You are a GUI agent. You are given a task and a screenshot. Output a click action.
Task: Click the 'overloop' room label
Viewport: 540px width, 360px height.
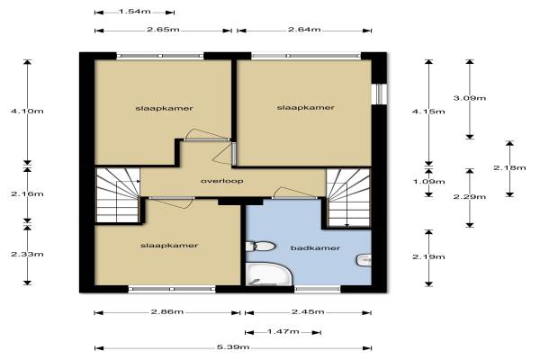pyautogui.click(x=221, y=181)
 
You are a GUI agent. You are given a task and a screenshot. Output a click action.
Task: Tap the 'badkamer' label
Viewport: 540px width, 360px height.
pyautogui.click(x=315, y=247)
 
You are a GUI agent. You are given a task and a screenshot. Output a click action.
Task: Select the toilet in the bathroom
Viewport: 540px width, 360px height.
pyautogui.click(x=261, y=246)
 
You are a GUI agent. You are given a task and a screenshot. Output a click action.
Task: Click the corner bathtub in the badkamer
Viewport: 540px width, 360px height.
pyautogui.click(x=268, y=274)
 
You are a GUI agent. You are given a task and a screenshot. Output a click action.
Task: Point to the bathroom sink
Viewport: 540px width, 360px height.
pyautogui.click(x=364, y=260)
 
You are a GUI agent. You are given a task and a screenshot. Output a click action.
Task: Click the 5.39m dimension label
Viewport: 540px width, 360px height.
pyautogui.click(x=233, y=346)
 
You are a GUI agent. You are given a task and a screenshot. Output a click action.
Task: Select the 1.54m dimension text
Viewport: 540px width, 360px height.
pyautogui.click(x=135, y=12)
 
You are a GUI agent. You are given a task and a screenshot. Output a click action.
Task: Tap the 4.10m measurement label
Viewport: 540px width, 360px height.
pyautogui.click(x=27, y=111)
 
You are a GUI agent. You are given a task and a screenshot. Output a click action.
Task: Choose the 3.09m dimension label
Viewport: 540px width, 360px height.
pyautogui.click(x=470, y=98)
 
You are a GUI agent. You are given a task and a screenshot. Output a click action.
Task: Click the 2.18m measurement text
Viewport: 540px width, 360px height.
pyautogui.click(x=509, y=167)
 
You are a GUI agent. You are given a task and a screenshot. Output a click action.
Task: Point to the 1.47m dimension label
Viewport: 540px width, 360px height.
pyautogui.click(x=283, y=331)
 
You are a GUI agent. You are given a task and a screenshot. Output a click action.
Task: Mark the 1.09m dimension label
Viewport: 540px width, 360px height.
pyautogui.click(x=428, y=181)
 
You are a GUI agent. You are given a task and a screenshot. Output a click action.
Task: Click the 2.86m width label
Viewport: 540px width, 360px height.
pyautogui.click(x=167, y=311)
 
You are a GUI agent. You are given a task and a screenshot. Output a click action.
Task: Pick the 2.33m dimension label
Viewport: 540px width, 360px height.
pyautogui.click(x=27, y=254)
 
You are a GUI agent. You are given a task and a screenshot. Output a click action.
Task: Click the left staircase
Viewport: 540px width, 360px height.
pyautogui.click(x=118, y=195)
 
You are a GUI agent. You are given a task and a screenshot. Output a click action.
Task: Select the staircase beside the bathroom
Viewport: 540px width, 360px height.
pyautogui.click(x=348, y=198)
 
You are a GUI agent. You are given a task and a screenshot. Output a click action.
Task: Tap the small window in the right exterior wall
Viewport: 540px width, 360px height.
pyautogui.click(x=379, y=94)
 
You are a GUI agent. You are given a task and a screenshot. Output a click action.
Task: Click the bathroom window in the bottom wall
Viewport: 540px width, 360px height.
pyautogui.click(x=318, y=289)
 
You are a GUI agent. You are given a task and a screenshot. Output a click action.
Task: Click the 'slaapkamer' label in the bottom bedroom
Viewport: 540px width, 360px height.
pyautogui.click(x=169, y=246)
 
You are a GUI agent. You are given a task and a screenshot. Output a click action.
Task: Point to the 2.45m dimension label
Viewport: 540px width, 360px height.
pyautogui.click(x=308, y=311)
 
